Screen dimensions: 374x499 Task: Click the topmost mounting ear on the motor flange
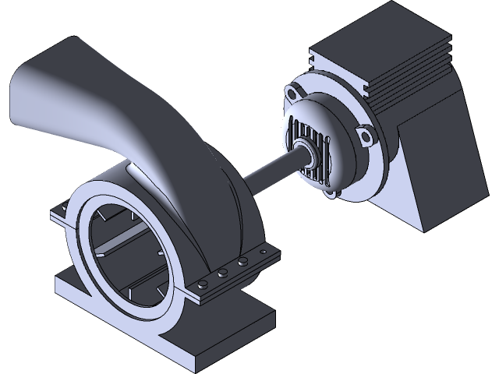pyautogui.click(x=292, y=91)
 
